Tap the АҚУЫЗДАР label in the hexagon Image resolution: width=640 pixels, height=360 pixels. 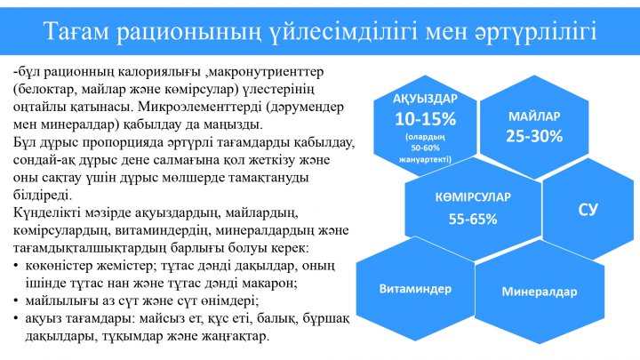click(x=425, y=100)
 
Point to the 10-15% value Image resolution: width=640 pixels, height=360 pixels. click(x=425, y=119)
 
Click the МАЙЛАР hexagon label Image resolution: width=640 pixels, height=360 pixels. click(x=534, y=116)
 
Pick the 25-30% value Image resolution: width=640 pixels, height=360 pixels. click(x=534, y=136)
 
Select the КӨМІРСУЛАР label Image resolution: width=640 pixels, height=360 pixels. click(x=473, y=197)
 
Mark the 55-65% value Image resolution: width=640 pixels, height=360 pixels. click(x=473, y=220)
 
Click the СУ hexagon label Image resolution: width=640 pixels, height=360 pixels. click(x=588, y=210)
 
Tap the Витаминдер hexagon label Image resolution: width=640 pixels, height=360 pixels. click(x=415, y=289)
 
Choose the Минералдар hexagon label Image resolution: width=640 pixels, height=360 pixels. click(x=540, y=292)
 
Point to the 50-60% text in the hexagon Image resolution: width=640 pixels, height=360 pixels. click(x=425, y=148)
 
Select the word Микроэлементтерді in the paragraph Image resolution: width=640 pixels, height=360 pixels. click(x=198, y=107)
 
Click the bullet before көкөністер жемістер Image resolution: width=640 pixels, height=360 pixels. click(x=15, y=266)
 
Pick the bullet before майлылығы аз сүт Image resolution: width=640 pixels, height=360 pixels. click(x=15, y=301)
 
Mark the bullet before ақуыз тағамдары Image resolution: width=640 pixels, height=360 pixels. click(x=15, y=319)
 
